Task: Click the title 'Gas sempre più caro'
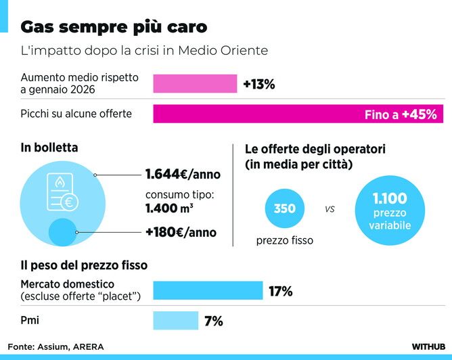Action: point(114,27)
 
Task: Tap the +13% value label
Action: point(258,85)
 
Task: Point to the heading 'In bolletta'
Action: point(49,147)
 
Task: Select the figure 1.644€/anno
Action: point(183,175)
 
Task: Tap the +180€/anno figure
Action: point(181,232)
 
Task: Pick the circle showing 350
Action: point(285,208)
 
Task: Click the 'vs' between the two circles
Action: point(330,209)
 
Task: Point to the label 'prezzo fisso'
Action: point(284,240)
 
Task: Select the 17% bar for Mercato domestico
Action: point(208,290)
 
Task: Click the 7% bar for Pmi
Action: point(176,321)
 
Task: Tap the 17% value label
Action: point(280,292)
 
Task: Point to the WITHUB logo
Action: point(428,346)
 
